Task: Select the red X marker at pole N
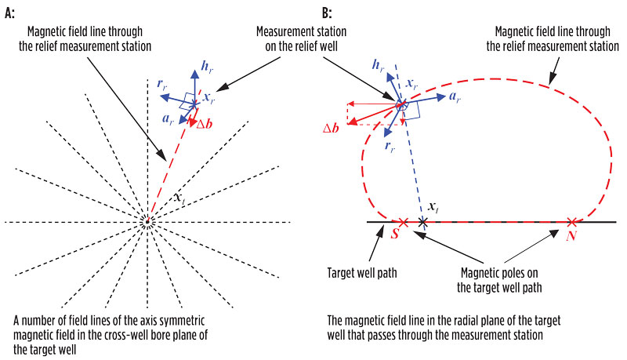coord(573,222)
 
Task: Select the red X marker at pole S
coord(404,222)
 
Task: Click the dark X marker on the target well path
coord(422,222)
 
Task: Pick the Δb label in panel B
coord(334,127)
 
